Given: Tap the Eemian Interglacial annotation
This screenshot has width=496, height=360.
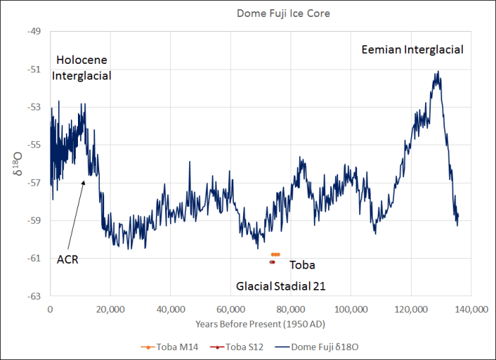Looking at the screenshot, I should click(412, 50).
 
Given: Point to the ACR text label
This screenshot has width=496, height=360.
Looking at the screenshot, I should click(67, 259).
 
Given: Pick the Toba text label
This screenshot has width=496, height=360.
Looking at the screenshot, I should click(302, 265).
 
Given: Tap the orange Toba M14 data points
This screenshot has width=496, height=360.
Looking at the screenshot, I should click(276, 254).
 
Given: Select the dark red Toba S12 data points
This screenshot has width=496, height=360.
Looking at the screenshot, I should click(271, 261).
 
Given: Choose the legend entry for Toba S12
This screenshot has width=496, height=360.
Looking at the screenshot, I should click(230, 347).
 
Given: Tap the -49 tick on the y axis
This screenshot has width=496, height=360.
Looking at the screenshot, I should click(35, 32).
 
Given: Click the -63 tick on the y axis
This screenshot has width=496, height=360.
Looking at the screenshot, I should click(35, 296).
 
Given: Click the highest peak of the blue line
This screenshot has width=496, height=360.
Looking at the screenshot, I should click(439, 71).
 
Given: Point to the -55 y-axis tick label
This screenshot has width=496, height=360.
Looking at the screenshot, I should click(35, 145).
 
